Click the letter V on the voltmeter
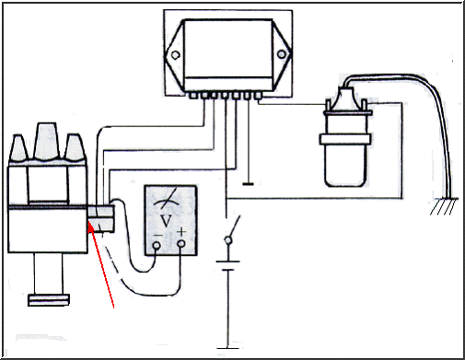click(167, 221)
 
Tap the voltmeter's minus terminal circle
click(157, 245)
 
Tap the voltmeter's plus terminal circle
click(181, 244)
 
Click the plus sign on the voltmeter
click(181, 231)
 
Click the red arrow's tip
click(89, 223)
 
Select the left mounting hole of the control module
click(175, 55)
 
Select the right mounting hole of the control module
click(282, 54)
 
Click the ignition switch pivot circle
click(228, 240)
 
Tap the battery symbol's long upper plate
click(227, 261)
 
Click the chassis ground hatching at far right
click(444, 206)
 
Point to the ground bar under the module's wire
click(248, 184)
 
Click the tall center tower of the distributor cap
click(46, 141)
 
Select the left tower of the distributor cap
click(19, 148)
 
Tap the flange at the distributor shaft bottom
click(49, 300)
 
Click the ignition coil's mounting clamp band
click(345, 139)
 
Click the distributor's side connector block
click(101, 219)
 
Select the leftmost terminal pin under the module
click(193, 96)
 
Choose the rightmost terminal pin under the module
click(259, 96)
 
